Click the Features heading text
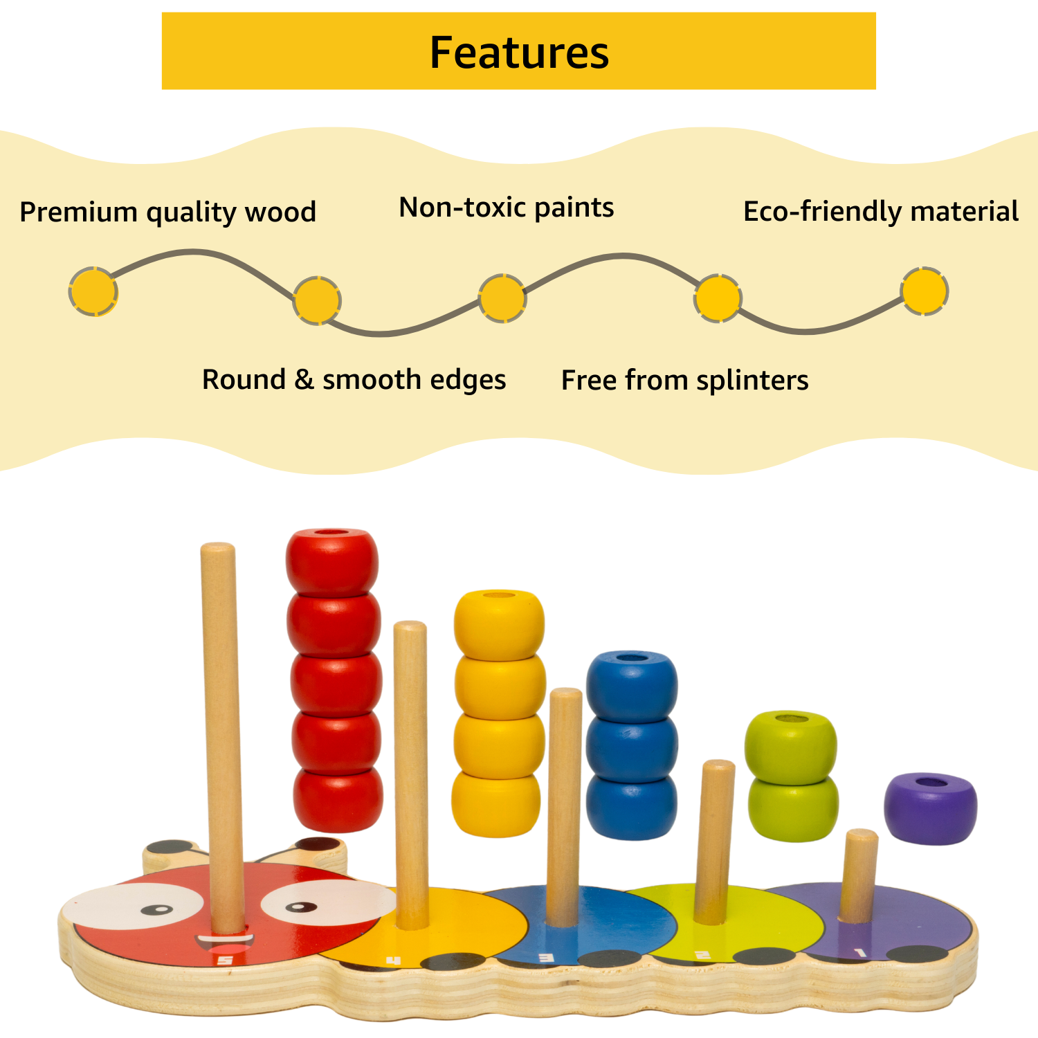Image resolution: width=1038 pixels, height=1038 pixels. click(x=519, y=53)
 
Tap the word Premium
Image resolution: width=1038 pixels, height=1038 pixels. click(x=78, y=212)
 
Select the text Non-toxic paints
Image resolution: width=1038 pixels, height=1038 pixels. click(x=506, y=208)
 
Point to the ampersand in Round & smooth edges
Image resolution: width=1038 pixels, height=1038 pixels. click(x=303, y=379)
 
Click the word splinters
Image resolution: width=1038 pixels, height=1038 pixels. click(x=752, y=381)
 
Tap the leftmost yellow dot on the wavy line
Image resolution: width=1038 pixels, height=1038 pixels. click(x=93, y=291)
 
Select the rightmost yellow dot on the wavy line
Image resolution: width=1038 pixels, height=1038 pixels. click(x=924, y=291)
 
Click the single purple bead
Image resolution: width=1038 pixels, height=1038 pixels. click(x=930, y=808)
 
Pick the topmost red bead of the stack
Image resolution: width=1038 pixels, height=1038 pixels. click(x=332, y=561)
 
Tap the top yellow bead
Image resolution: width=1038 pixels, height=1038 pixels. click(x=499, y=623)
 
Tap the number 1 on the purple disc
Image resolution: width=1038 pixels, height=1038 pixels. click(x=860, y=954)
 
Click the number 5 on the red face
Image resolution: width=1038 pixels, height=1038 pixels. click(x=224, y=960)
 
